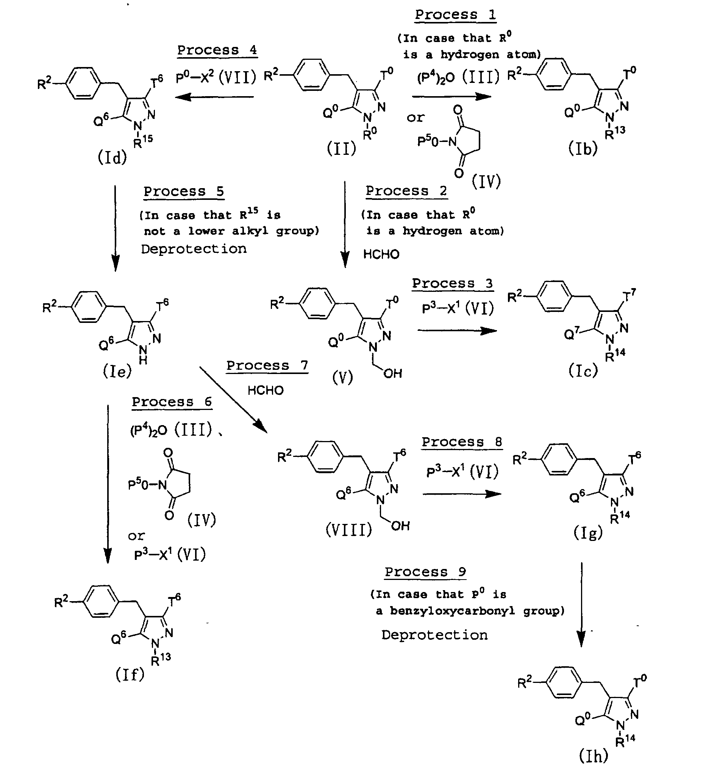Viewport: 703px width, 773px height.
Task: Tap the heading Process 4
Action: coord(217,50)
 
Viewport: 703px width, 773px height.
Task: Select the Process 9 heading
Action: coord(425,572)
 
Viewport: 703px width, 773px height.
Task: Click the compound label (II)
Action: coord(341,148)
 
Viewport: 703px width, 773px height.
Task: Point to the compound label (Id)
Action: coord(112,157)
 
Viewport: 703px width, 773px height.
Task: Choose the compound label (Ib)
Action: coord(583,148)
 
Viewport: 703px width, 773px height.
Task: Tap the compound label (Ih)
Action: coord(594,756)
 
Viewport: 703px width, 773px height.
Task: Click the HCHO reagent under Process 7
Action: coord(266,391)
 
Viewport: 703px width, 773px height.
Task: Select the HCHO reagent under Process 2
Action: coord(381,254)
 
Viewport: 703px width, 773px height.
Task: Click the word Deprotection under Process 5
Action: coord(194,249)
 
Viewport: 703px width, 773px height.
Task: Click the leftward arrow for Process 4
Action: coord(214,97)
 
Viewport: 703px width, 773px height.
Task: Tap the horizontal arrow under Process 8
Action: coord(462,494)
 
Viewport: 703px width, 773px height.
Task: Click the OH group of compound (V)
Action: coord(392,373)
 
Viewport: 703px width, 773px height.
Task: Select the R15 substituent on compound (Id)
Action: coord(143,142)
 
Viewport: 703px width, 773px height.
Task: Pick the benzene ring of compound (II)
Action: coord(311,75)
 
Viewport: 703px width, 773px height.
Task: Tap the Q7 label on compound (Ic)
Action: coord(571,334)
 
